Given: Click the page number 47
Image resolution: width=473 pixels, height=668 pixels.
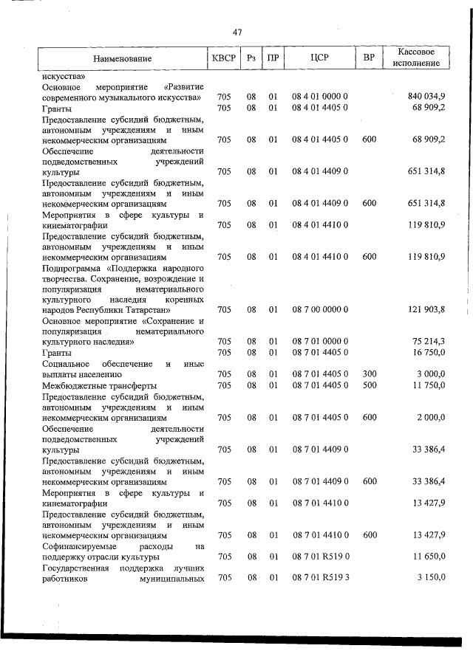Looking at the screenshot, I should coord(236,32).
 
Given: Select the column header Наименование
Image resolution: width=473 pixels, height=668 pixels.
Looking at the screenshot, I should coord(123,58).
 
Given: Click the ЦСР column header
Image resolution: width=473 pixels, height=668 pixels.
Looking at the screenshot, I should coord(319,58).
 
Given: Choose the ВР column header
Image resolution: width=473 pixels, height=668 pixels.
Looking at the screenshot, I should coord(370,58).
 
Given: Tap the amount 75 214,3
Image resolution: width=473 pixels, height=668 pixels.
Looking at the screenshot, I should coord(429,342).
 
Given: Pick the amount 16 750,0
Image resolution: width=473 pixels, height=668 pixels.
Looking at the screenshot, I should coord(429,353).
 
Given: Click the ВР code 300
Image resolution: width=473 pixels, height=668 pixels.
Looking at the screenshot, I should coord(370,374).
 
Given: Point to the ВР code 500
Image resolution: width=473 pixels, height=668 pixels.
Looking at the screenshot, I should coord(370,385).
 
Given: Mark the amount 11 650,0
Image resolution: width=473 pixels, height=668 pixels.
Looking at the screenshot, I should coord(429,557).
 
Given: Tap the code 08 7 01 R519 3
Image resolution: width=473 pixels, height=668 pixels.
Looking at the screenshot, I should coord(319,577).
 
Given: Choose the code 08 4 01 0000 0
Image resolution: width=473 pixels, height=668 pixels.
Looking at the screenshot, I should coord(319,97).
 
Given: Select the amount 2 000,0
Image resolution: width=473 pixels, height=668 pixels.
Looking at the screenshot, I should coord(432,417).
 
